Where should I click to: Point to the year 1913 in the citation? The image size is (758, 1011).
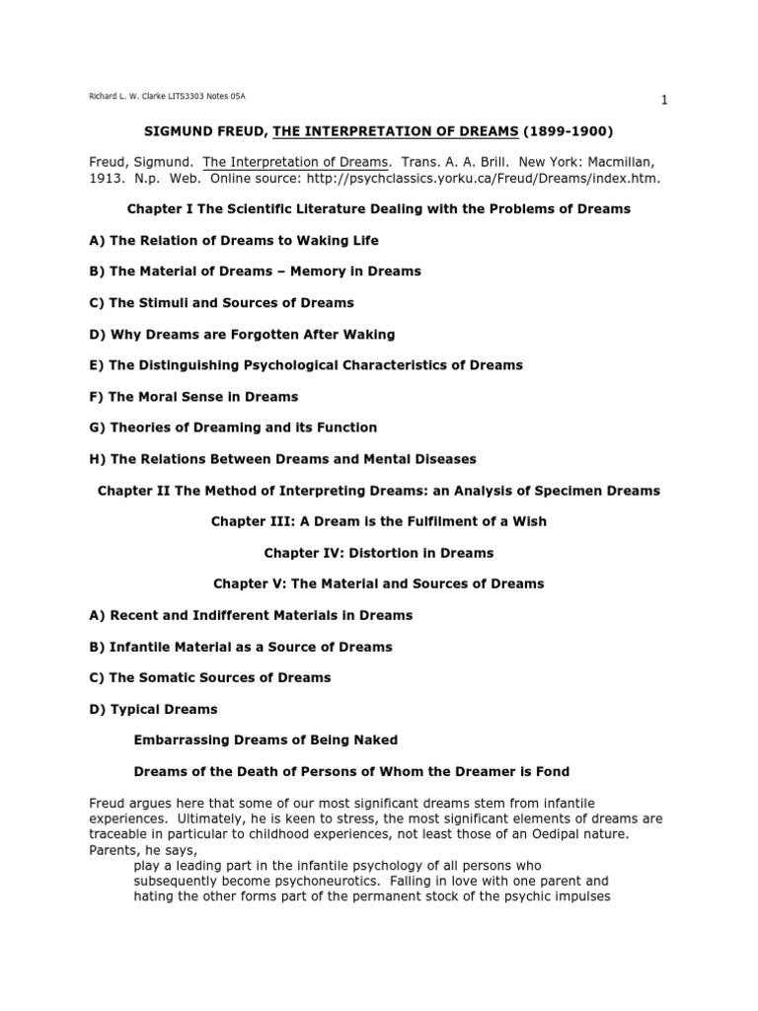pyautogui.click(x=108, y=179)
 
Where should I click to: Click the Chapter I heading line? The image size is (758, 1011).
pyautogui.click(x=379, y=209)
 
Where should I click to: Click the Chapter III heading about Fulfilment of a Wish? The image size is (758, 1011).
pyautogui.click(x=379, y=521)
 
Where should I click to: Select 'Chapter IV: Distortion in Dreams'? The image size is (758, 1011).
pyautogui.click(x=379, y=553)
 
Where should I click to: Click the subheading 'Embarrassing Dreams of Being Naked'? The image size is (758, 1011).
pyautogui.click(x=265, y=740)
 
